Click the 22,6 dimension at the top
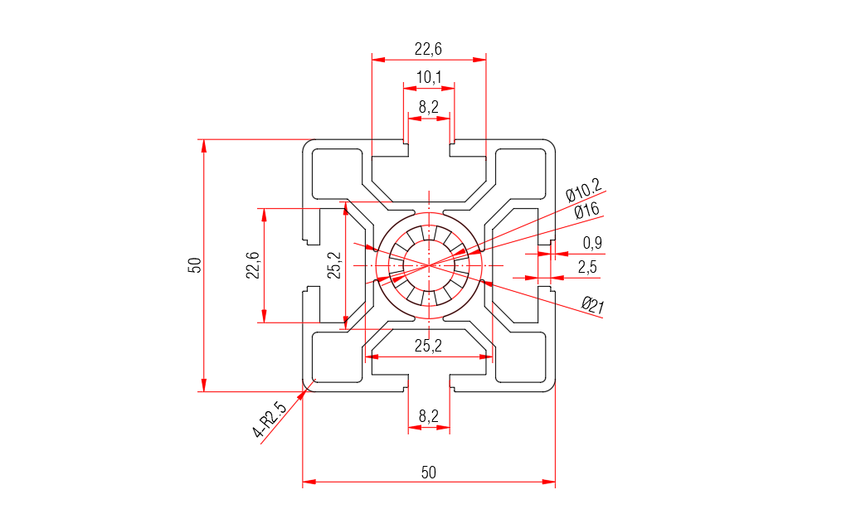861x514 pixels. (x=428, y=50)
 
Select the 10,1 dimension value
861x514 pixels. (x=428, y=78)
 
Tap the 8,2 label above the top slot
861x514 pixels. (x=428, y=107)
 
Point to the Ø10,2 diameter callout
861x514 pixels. (x=583, y=191)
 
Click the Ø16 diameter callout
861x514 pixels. (x=586, y=211)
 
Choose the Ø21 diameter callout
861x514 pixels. (x=592, y=306)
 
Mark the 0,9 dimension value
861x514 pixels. (x=592, y=243)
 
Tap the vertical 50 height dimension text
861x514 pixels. (x=195, y=265)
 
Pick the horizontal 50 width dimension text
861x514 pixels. (x=428, y=473)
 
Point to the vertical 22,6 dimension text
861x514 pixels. (x=253, y=265)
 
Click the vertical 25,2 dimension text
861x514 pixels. (x=334, y=265)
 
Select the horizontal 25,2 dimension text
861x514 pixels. (x=428, y=346)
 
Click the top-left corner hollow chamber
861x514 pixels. (x=336, y=174)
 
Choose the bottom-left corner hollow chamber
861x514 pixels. (x=336, y=356)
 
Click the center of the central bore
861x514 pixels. (x=428, y=265)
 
